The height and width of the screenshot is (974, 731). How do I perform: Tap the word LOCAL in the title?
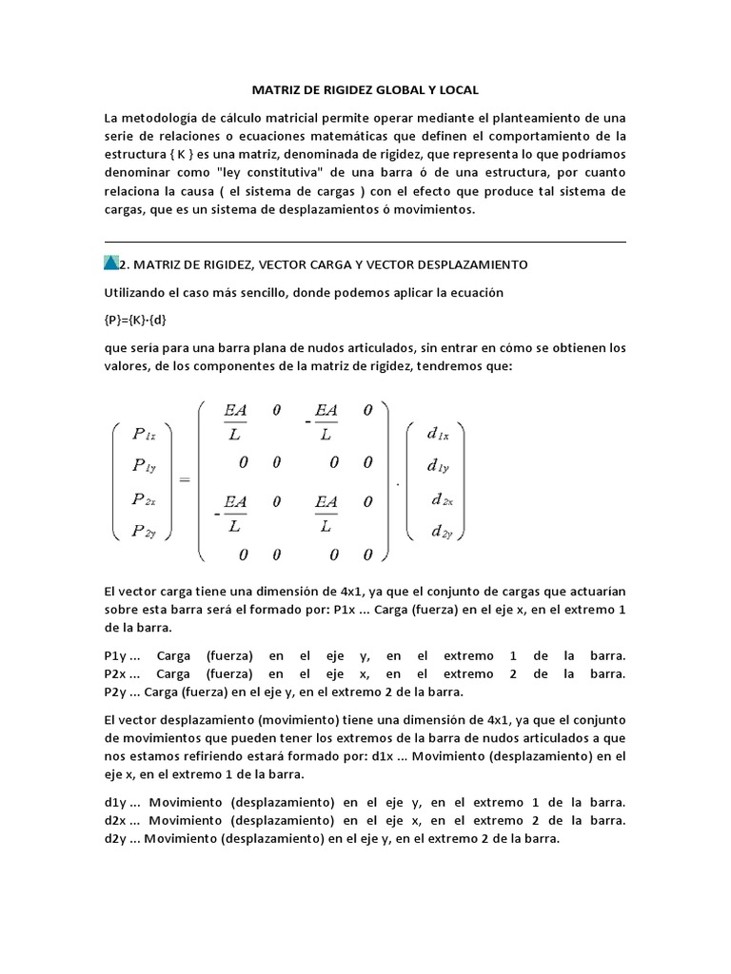(x=457, y=89)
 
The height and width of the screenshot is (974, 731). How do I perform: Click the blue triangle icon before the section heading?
(x=111, y=263)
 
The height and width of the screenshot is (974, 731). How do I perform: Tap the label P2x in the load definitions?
(x=117, y=673)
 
